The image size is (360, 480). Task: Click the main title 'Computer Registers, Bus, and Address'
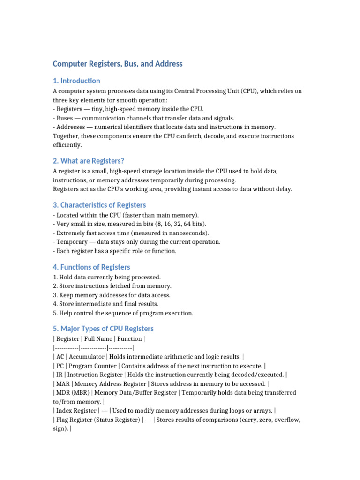pos(118,63)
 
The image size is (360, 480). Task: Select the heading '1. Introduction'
pos(76,81)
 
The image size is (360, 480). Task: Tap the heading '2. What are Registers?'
pos(89,161)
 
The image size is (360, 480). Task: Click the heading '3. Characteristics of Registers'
pos(99,205)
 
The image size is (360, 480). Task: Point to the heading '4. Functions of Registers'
pos(91,267)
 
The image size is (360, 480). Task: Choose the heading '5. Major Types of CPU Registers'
pos(103,329)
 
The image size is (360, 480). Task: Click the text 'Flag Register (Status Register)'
pos(97,420)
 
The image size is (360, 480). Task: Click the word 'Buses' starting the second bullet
pos(65,118)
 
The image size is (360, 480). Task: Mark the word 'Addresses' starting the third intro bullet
pos(70,127)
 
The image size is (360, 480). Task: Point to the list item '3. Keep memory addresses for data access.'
pos(112,295)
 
